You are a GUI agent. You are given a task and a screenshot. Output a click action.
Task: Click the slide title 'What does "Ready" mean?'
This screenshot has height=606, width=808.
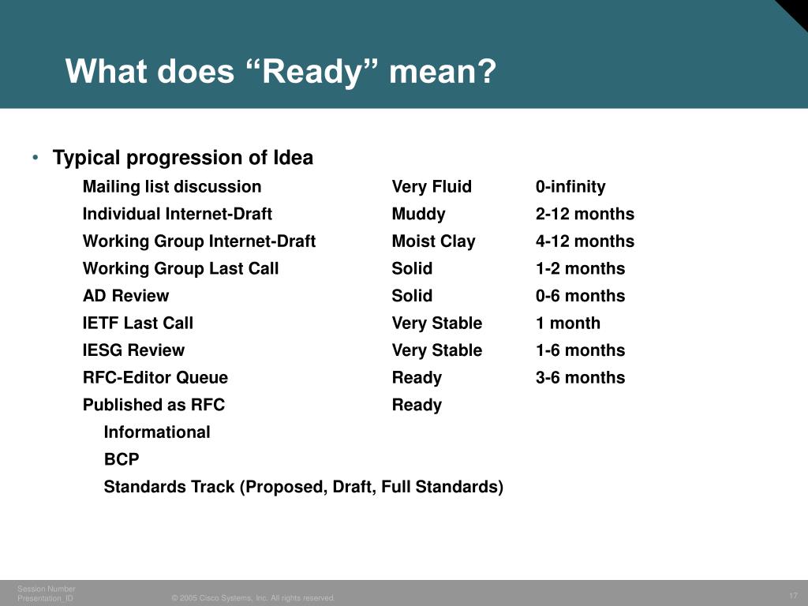pyautogui.click(x=281, y=73)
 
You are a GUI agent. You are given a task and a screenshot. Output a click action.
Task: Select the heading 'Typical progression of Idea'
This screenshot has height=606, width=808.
pyautogui.click(x=182, y=158)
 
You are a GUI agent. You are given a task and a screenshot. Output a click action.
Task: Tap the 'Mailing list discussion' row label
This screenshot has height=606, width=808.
pyautogui.click(x=172, y=187)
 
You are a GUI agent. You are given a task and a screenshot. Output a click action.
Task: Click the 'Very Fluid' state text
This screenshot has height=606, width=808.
pyautogui.click(x=432, y=187)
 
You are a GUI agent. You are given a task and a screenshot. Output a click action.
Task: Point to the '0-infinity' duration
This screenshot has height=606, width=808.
pyautogui.click(x=570, y=187)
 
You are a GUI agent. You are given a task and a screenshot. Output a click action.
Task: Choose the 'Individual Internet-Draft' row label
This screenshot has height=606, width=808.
pyautogui.click(x=178, y=214)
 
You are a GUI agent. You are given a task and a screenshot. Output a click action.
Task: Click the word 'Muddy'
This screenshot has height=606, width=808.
pyautogui.click(x=418, y=214)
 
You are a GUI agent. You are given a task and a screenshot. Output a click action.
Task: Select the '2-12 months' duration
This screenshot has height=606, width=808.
pyautogui.click(x=585, y=214)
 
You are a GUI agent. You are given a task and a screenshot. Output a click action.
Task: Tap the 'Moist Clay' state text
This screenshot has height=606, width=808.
pyautogui.click(x=433, y=241)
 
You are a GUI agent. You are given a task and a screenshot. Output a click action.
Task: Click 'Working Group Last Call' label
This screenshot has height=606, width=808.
pyautogui.click(x=181, y=268)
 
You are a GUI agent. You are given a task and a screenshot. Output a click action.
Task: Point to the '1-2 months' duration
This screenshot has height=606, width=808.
pyautogui.click(x=580, y=268)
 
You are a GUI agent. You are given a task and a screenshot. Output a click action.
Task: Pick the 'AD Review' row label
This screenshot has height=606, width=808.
pyautogui.click(x=125, y=296)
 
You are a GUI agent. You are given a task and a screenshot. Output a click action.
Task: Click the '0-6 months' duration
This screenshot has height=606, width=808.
pyautogui.click(x=580, y=296)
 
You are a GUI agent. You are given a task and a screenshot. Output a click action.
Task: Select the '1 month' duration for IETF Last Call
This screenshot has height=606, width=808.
pyautogui.click(x=567, y=323)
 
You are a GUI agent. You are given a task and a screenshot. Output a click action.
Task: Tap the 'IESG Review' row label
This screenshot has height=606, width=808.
pyautogui.click(x=133, y=350)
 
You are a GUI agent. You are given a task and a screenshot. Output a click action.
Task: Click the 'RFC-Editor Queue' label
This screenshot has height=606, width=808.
pyautogui.click(x=155, y=378)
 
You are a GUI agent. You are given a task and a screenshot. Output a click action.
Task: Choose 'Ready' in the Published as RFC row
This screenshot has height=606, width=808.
pyautogui.click(x=417, y=405)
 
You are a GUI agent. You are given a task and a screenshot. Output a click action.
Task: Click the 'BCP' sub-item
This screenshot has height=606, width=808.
pyautogui.click(x=122, y=459)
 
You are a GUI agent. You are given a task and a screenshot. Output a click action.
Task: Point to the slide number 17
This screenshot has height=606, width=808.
pyautogui.click(x=793, y=595)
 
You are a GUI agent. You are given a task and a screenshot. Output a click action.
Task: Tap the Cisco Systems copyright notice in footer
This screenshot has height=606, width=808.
pyautogui.click(x=253, y=598)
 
